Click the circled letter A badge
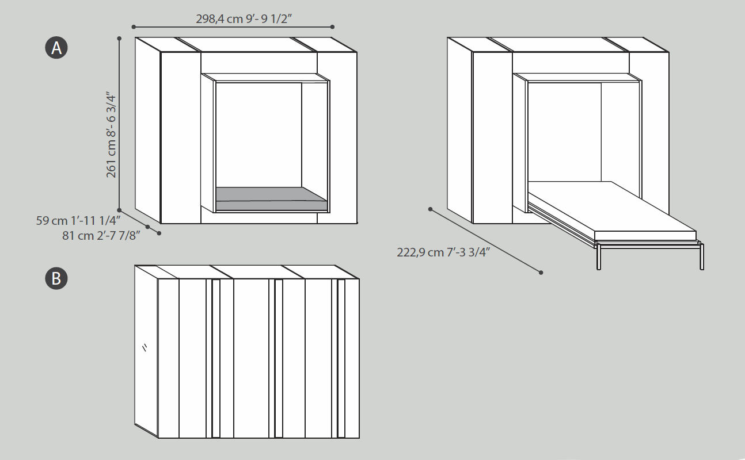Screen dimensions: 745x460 56,48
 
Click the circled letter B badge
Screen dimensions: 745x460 56,278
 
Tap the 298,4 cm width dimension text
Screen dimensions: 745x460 244,19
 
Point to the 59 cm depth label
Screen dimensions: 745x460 78,221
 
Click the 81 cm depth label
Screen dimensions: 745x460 101,236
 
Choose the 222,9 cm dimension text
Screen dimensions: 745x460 443,252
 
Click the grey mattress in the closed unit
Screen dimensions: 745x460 271,198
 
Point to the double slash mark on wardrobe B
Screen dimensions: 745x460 145,347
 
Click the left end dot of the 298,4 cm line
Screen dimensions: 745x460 134,27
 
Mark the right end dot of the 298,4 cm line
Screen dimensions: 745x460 332,27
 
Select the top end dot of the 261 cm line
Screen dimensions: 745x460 119,39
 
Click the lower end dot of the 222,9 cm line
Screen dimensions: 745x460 541,273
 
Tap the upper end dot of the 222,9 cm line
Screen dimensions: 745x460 431,209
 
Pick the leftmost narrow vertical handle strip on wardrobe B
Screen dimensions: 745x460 216,358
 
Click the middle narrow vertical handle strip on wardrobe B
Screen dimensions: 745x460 279,358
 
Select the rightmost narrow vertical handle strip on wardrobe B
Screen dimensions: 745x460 341,358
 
